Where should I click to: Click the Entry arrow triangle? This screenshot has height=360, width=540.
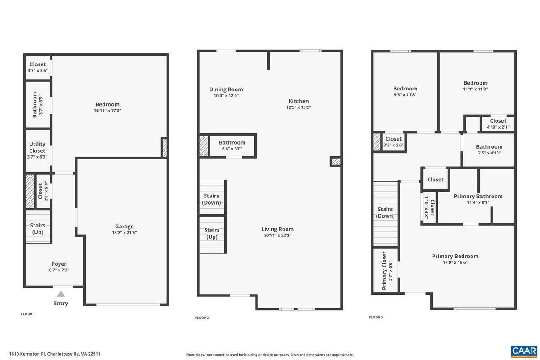click(61, 294)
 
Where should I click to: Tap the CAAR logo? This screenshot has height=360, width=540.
click(523, 351)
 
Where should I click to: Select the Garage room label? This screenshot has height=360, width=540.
click(124, 227)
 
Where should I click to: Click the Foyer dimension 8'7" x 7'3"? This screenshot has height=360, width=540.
click(59, 270)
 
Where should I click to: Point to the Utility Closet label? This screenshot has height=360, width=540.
click(37, 147)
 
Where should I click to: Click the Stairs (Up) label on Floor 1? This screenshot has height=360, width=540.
click(38, 229)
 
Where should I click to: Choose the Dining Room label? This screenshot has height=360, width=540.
click(226, 90)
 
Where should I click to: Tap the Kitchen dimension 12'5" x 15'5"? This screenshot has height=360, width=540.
click(299, 107)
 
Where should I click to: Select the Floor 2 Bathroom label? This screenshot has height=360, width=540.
click(232, 142)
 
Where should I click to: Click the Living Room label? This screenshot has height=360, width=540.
click(278, 229)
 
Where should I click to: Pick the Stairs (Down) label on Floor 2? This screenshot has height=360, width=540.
click(211, 199)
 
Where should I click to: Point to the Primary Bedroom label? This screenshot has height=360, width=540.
click(455, 256)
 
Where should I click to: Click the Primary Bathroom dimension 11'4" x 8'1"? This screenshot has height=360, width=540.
click(478, 202)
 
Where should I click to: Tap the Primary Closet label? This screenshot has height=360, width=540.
click(384, 270)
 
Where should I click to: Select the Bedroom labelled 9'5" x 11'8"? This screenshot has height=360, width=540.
click(405, 89)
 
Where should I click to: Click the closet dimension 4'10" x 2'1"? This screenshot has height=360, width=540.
click(498, 127)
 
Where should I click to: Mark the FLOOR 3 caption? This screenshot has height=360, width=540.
click(376, 317)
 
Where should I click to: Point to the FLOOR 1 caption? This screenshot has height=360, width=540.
click(28, 314)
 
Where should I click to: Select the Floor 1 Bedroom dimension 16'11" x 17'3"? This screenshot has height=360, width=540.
click(107, 111)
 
